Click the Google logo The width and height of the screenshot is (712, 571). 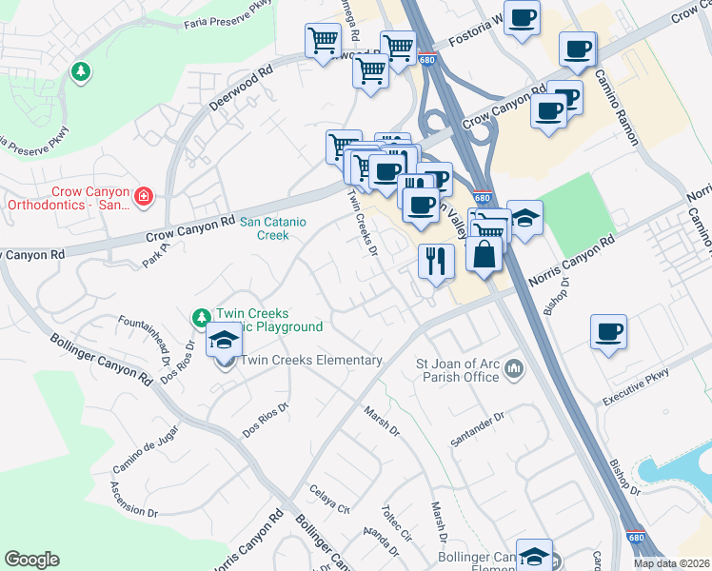32,559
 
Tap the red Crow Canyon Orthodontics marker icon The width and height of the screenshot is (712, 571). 144,197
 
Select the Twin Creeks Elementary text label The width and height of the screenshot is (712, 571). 311,361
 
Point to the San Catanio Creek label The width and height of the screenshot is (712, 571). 276,228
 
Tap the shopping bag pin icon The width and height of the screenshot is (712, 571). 485,255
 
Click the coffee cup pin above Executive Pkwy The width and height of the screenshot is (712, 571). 608,332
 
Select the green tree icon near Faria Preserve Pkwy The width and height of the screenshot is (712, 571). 81,70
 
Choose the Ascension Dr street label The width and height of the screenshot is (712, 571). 134,500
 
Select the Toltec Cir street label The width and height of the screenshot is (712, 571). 399,521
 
